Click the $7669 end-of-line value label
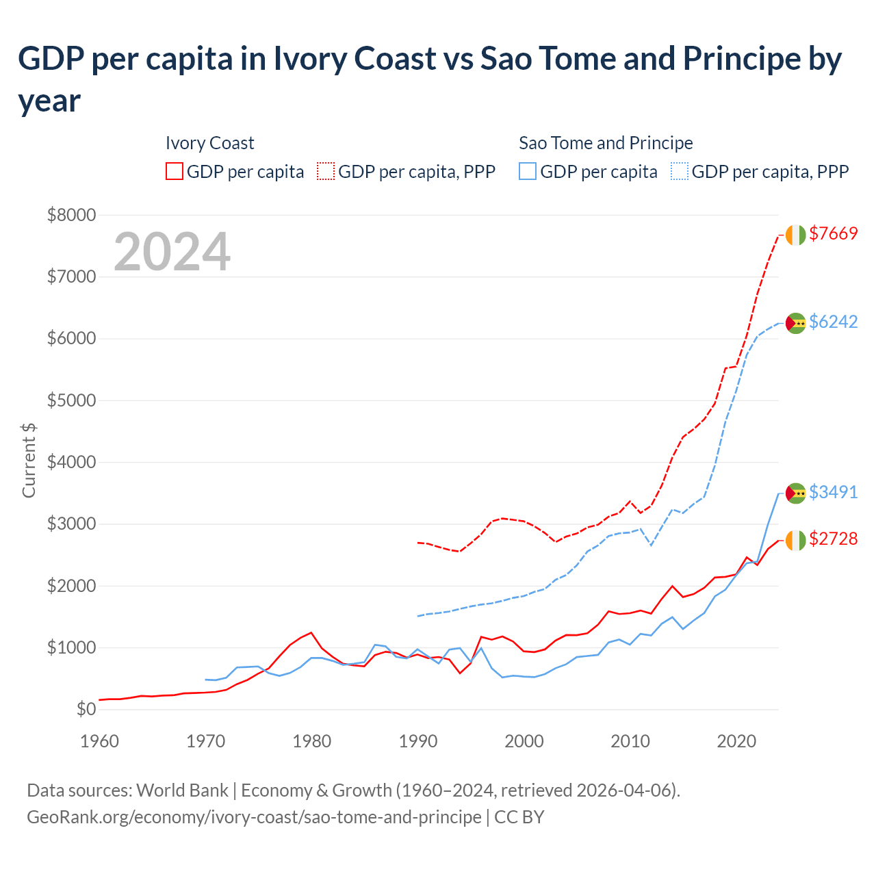[x=833, y=233]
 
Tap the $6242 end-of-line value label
[x=833, y=322]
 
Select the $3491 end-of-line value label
[x=833, y=492]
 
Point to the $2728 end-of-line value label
[x=833, y=539]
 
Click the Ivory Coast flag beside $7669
[x=795, y=235]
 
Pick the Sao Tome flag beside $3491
[x=795, y=493]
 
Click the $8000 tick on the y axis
[x=71, y=215]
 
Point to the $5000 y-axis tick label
[x=71, y=400]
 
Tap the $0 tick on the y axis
[x=86, y=709]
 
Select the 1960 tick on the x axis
[x=99, y=741]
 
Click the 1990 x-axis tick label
[x=417, y=741]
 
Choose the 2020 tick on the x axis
[x=736, y=741]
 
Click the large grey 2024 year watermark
[x=172, y=252]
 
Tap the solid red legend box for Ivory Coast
[x=175, y=171]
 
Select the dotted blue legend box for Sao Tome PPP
[x=680, y=171]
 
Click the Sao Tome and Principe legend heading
[x=606, y=143]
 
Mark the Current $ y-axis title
[x=29, y=460]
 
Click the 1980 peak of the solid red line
[x=311, y=632]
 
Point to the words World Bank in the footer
[x=182, y=790]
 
